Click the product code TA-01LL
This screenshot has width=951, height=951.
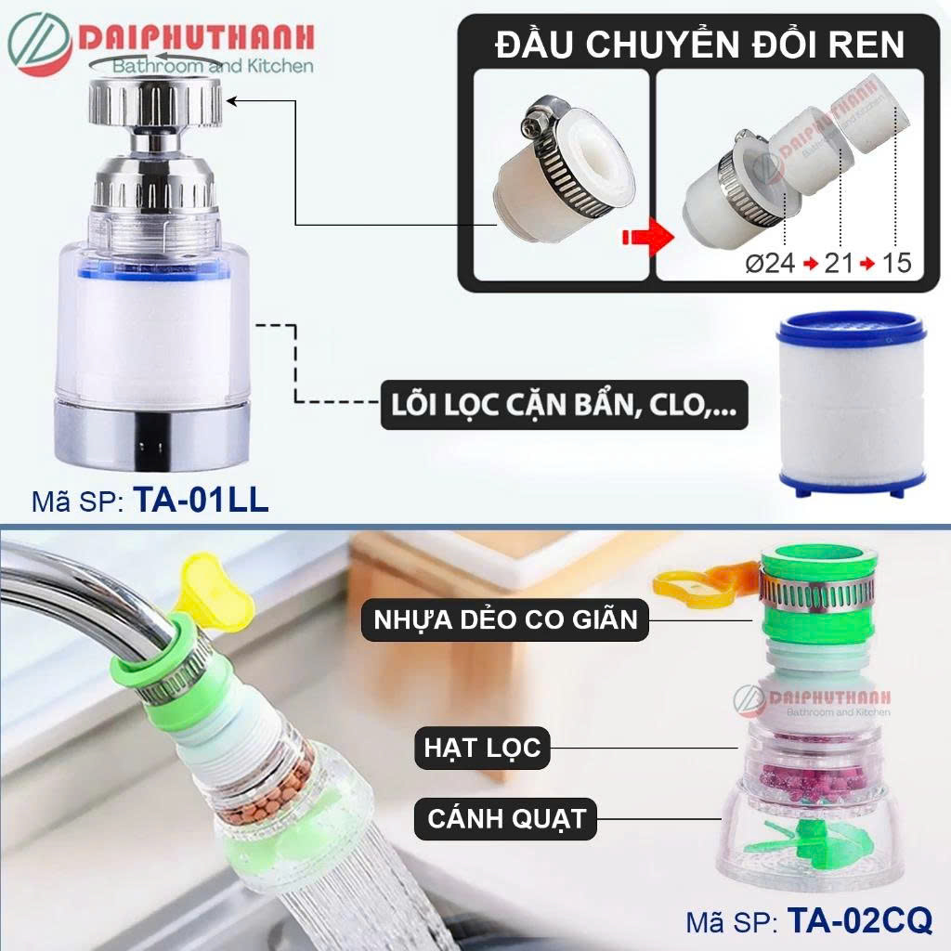(x=201, y=501)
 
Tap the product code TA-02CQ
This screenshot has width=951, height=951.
(x=859, y=919)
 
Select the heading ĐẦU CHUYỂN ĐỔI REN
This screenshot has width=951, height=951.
(x=699, y=45)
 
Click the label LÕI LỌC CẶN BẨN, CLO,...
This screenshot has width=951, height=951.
(x=564, y=405)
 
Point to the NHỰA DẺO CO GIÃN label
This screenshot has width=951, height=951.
(x=505, y=619)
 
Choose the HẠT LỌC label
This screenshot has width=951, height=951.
(x=482, y=748)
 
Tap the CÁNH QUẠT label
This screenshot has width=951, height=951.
(x=506, y=818)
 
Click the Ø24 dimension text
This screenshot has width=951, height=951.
(x=770, y=263)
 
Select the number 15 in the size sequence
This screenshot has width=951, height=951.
(x=896, y=263)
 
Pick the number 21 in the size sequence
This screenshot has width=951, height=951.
(x=839, y=263)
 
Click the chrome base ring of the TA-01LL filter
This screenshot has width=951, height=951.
(x=151, y=434)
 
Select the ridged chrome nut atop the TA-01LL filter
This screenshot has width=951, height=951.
(x=155, y=103)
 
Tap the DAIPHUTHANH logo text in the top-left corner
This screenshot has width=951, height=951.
(x=196, y=37)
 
